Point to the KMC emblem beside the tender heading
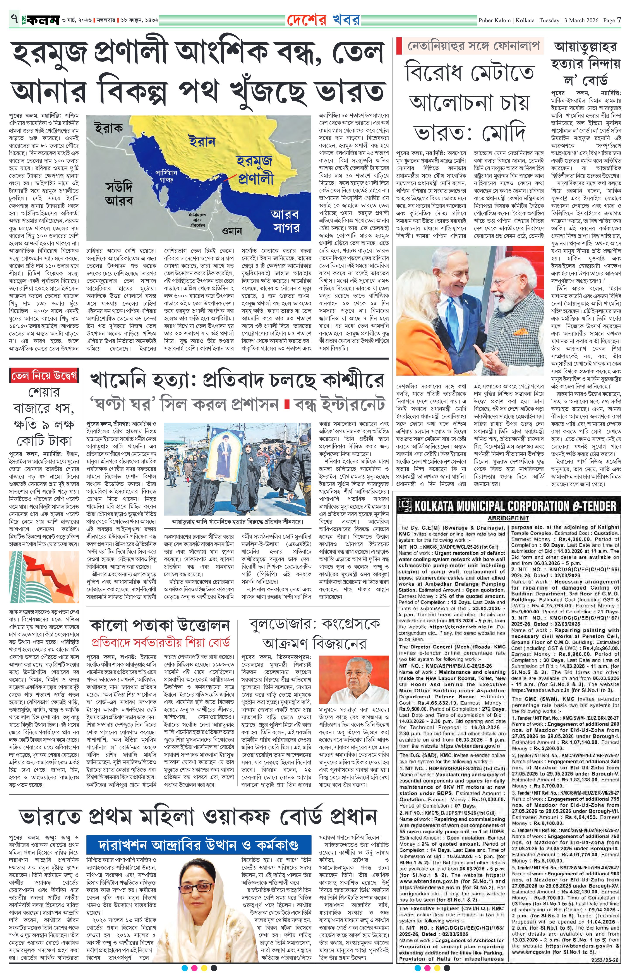406,506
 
